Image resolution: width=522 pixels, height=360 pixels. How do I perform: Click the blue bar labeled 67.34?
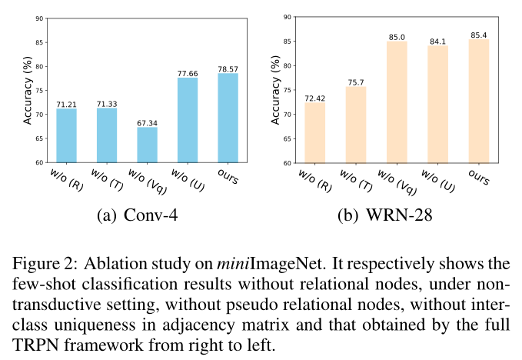pyautogui.click(x=148, y=145)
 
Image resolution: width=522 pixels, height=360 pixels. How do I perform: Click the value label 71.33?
pyautogui.click(x=107, y=103)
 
